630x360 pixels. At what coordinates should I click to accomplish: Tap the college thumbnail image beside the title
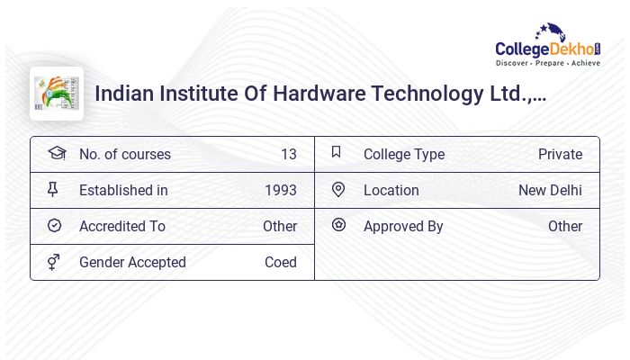tap(57, 94)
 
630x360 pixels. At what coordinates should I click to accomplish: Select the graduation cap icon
tap(56, 153)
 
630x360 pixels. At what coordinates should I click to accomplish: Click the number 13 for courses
tap(288, 154)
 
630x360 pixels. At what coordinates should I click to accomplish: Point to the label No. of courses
tap(124, 154)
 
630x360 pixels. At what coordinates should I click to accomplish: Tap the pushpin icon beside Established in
tap(53, 190)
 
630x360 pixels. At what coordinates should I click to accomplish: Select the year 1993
tap(280, 190)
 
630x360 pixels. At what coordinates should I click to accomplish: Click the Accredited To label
tap(122, 226)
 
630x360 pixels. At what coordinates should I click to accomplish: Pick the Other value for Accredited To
tap(279, 226)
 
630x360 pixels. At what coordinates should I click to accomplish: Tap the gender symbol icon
tap(54, 262)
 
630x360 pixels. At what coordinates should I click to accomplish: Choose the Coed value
tap(280, 262)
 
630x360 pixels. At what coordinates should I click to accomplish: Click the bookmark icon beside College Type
tap(337, 153)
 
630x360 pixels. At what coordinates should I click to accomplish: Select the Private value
tap(560, 154)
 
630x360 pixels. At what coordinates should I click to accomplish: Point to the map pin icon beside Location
tap(338, 190)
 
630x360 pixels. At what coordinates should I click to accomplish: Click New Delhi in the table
tap(550, 190)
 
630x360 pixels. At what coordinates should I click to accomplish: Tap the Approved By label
tap(403, 226)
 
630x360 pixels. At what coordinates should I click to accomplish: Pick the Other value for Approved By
tap(565, 226)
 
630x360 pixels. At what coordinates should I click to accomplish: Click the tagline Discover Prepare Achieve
tap(547, 63)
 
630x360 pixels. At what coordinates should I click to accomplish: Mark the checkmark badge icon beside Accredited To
tap(54, 226)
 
